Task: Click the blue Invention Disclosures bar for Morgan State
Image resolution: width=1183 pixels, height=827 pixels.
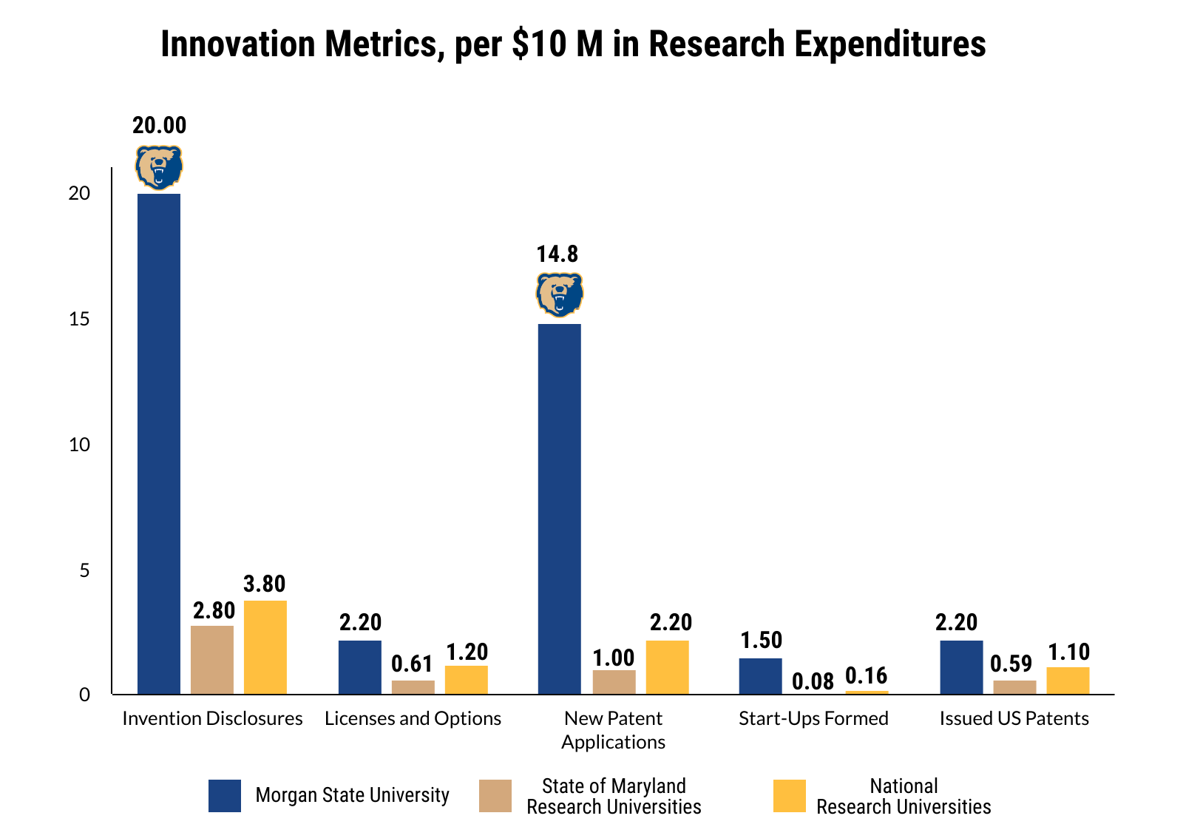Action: click(159, 444)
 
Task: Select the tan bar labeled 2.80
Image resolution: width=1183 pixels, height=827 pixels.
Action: click(212, 660)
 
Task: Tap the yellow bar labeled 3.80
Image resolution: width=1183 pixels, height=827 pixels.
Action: click(265, 647)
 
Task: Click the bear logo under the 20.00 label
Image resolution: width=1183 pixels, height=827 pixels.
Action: click(158, 167)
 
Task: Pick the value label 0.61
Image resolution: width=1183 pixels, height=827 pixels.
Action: click(412, 664)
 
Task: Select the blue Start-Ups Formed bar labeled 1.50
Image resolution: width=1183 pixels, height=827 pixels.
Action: click(760, 676)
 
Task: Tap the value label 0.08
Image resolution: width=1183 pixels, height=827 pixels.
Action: click(813, 681)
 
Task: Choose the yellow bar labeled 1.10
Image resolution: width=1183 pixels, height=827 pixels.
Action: click(1068, 681)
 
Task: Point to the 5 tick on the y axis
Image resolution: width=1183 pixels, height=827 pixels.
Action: click(84, 570)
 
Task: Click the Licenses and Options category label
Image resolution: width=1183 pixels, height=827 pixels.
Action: click(413, 718)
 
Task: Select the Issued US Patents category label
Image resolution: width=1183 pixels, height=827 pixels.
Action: click(1014, 718)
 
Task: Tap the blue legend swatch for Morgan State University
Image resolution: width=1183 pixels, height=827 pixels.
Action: click(225, 796)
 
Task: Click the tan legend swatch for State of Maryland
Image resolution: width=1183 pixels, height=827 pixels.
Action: click(495, 796)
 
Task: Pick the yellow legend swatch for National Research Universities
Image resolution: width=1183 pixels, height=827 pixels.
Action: click(789, 796)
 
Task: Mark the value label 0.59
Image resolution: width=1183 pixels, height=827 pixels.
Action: click(1011, 664)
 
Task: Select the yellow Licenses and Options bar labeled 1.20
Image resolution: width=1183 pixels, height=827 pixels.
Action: click(466, 680)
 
